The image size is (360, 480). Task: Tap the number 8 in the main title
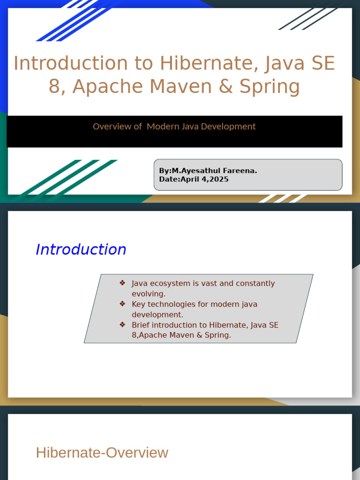click(x=54, y=87)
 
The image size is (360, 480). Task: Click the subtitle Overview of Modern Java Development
click(x=174, y=127)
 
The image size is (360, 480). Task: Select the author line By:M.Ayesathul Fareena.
click(x=208, y=171)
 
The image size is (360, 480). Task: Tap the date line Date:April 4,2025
click(x=194, y=179)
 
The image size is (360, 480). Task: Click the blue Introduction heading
click(x=81, y=249)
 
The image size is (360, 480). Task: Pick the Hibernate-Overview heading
click(x=102, y=453)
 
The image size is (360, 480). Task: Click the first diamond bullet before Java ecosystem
click(x=122, y=283)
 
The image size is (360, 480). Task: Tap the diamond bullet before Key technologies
click(x=122, y=304)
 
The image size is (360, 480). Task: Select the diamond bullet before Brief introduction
click(x=122, y=324)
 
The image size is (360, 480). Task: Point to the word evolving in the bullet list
click(x=148, y=294)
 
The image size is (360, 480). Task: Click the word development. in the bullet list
click(x=157, y=315)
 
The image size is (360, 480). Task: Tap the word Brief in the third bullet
click(x=142, y=325)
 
